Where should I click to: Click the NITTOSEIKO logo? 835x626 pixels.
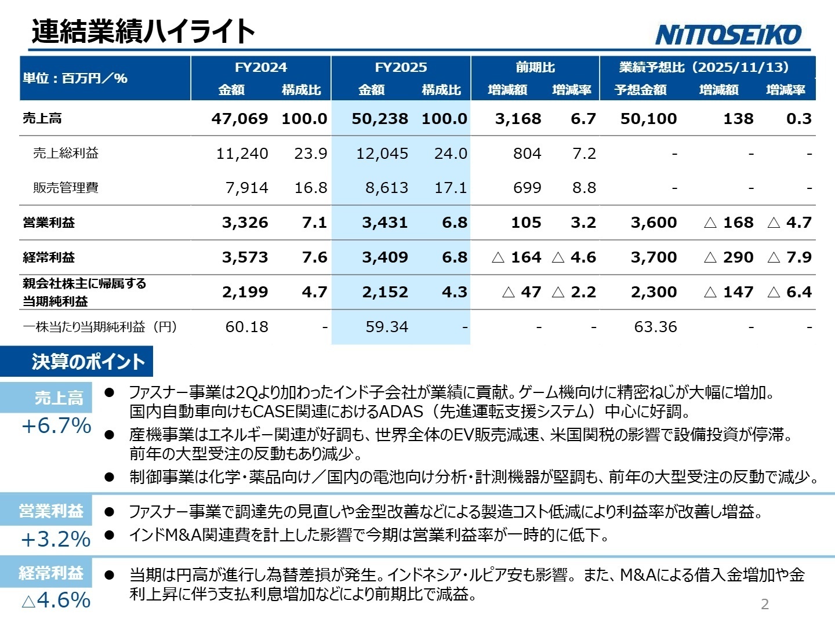point(728,35)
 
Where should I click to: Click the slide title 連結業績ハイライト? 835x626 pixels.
point(143,31)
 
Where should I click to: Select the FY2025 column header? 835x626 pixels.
point(401,67)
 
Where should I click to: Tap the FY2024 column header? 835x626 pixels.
point(260,67)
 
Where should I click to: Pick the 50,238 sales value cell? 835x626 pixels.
point(380,119)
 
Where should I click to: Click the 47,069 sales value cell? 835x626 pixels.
point(239,119)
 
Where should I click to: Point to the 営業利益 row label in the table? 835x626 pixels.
point(49,223)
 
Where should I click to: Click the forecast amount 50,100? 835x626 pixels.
point(648,119)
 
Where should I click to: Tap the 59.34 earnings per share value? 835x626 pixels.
point(387,327)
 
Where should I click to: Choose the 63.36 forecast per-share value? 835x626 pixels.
point(655,327)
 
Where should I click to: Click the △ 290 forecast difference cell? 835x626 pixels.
point(728,257)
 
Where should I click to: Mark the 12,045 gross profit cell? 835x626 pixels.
point(382,154)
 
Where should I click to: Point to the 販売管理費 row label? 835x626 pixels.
point(66,188)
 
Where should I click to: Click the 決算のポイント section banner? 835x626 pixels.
point(88,362)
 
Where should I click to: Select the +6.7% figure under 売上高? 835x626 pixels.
point(56,426)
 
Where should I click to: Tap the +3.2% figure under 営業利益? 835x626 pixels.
point(56,540)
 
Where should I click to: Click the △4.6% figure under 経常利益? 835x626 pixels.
point(56,600)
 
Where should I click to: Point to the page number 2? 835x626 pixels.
point(765,604)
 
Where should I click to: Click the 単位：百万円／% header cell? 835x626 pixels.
point(75,78)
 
